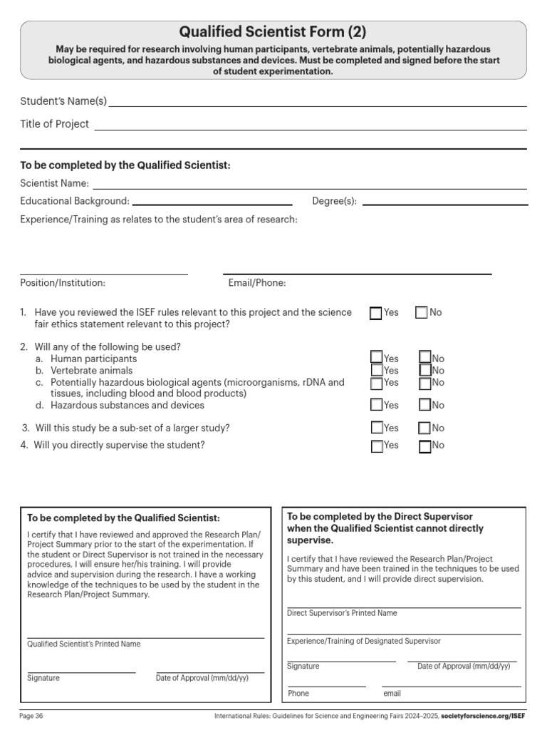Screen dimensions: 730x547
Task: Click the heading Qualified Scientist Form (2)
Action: pos(273,31)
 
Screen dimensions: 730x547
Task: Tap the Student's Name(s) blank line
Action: pos(318,106)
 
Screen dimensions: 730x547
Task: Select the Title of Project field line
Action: pos(311,129)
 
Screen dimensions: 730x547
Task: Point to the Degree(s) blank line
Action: pos(445,205)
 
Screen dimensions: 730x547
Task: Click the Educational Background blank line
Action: pos(212,205)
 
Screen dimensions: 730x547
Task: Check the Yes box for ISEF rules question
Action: pos(376,313)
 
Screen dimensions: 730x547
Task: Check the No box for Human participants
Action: pos(425,357)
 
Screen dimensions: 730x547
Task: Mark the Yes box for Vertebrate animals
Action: pos(377,370)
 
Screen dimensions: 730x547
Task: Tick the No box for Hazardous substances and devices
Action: pos(425,405)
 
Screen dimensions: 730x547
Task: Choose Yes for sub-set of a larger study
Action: pos(377,428)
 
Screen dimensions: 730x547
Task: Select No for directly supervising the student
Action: pos(425,447)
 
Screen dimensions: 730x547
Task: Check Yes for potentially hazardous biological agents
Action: pos(377,383)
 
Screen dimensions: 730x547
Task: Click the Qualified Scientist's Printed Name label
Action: pos(83,644)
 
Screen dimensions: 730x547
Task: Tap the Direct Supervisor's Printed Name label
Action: pos(342,613)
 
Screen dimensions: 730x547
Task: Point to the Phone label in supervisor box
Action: pos(298,693)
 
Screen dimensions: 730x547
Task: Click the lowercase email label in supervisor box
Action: pos(392,693)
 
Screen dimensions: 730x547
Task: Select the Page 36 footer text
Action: pos(31,716)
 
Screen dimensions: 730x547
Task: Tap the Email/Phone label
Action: pos(257,283)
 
